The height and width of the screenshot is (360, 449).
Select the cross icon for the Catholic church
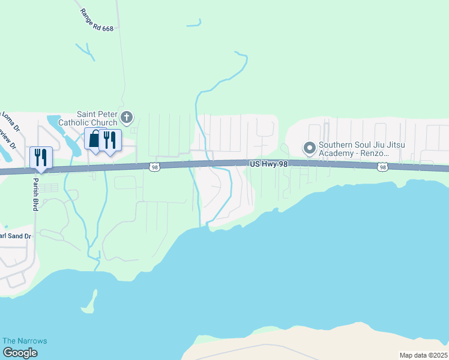(126, 116)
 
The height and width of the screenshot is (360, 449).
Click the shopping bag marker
(95, 139)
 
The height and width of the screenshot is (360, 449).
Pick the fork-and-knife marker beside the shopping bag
(110, 140)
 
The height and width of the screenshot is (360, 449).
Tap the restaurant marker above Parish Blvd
(41, 157)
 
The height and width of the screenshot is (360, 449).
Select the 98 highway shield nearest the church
(155, 167)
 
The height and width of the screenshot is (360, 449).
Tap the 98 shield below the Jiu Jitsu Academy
(383, 167)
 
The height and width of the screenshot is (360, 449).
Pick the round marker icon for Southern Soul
(310, 148)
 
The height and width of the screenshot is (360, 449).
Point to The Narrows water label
(25, 341)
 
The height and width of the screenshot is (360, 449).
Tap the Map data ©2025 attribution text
(423, 355)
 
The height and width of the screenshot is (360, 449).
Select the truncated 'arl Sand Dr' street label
(15, 236)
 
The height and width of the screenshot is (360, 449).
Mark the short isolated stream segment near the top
(194, 24)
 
